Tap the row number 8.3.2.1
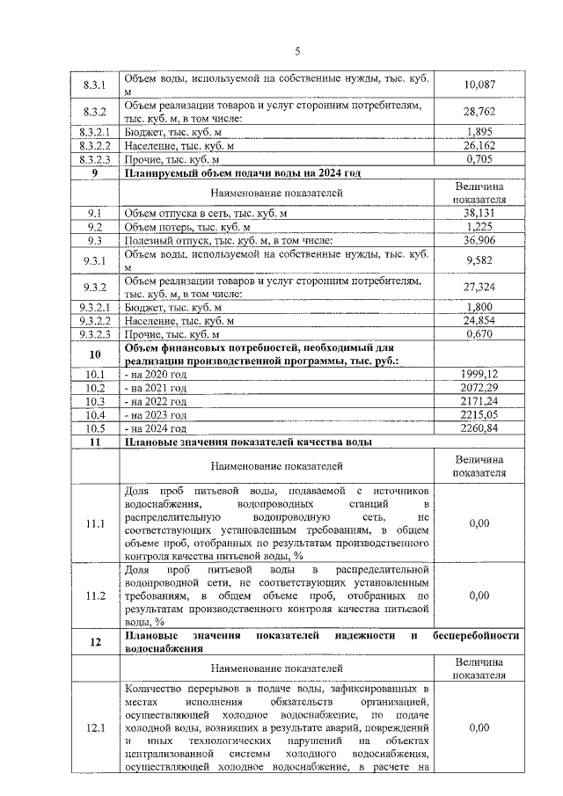coord(93,132)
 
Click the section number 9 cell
coord(93,172)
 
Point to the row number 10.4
coord(93,414)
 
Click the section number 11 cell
coord(93,442)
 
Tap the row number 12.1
coord(93,728)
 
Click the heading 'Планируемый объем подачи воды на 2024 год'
coord(243,172)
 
